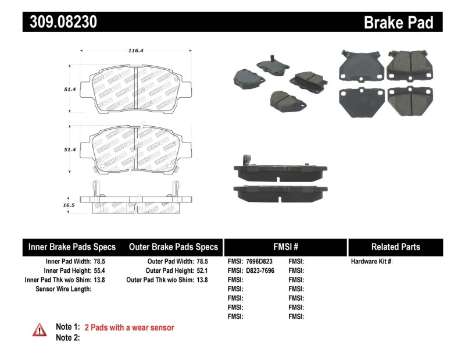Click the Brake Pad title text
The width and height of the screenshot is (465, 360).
398,22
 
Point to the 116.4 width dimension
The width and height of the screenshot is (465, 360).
136,51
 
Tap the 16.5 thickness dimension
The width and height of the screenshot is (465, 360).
69,205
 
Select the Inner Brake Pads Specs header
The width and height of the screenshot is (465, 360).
72,247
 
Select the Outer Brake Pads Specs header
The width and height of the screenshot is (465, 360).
174,247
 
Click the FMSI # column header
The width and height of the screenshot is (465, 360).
285,247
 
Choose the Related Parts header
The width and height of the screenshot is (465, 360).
395,247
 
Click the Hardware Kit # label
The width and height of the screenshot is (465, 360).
371,262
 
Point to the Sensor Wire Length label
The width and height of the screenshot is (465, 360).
63,288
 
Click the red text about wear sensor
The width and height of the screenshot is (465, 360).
129,327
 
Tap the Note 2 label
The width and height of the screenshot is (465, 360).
67,337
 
